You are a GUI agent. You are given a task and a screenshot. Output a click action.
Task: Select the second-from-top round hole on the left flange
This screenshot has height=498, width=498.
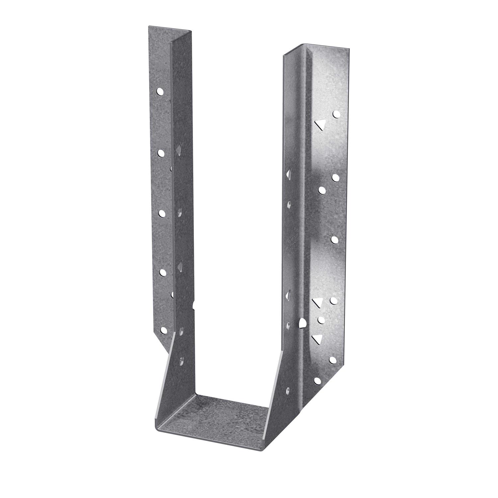(161, 152)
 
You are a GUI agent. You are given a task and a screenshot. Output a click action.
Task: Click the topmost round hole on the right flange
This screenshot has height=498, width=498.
(337, 115)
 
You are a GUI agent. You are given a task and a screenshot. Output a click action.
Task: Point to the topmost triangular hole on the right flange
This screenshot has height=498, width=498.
(319, 124)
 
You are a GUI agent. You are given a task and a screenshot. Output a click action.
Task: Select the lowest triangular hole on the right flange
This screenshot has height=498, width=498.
(318, 338)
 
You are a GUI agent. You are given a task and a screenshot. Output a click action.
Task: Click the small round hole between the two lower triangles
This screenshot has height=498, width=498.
(321, 320)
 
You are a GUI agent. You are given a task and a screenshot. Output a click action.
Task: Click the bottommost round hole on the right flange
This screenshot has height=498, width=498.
(317, 380)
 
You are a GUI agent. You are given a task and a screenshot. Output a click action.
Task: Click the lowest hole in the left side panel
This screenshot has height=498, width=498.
(181, 360)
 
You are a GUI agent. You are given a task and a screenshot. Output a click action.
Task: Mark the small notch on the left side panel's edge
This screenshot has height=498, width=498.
(193, 305)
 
